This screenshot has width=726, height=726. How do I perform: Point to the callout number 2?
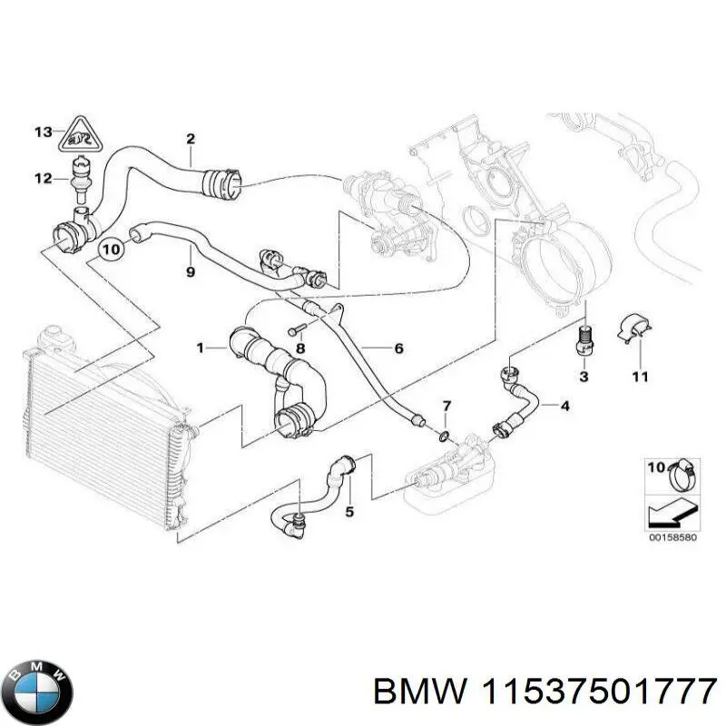point(191,139)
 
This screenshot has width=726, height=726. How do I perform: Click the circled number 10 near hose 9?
point(112,247)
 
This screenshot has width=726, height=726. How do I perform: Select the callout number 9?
point(190,271)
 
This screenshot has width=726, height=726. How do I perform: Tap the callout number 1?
point(201,348)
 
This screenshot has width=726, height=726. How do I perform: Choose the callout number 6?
point(397,348)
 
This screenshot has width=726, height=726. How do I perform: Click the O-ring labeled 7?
point(441,436)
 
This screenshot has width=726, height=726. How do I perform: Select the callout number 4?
point(564,406)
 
